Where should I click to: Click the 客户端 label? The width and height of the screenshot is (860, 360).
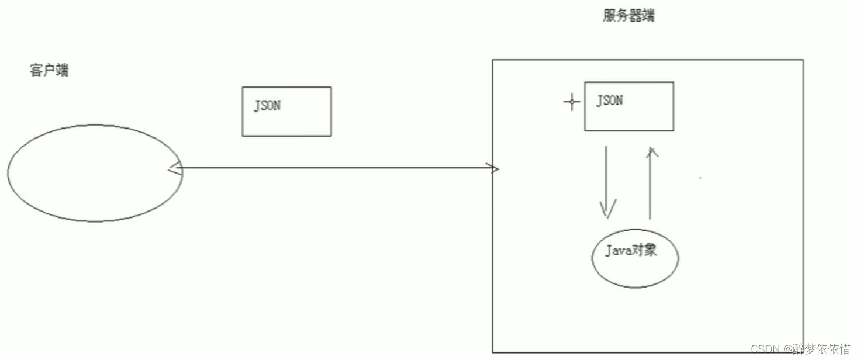coord(49,71)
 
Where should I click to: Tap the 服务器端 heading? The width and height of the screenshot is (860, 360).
coord(628,16)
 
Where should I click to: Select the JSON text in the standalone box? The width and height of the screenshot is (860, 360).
coord(267,106)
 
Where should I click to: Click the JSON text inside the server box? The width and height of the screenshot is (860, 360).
coord(609,101)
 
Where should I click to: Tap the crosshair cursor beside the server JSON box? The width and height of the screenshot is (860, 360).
coord(571,103)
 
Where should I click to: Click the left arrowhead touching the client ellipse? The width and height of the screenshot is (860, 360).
coord(173,169)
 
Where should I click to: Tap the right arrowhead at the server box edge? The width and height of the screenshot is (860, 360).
coord(495,169)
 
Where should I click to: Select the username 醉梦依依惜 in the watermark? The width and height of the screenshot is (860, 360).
coord(821,349)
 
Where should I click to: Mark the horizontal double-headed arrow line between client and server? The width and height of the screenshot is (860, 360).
coord(333,169)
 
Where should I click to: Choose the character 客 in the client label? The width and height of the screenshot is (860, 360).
coord(36,71)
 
